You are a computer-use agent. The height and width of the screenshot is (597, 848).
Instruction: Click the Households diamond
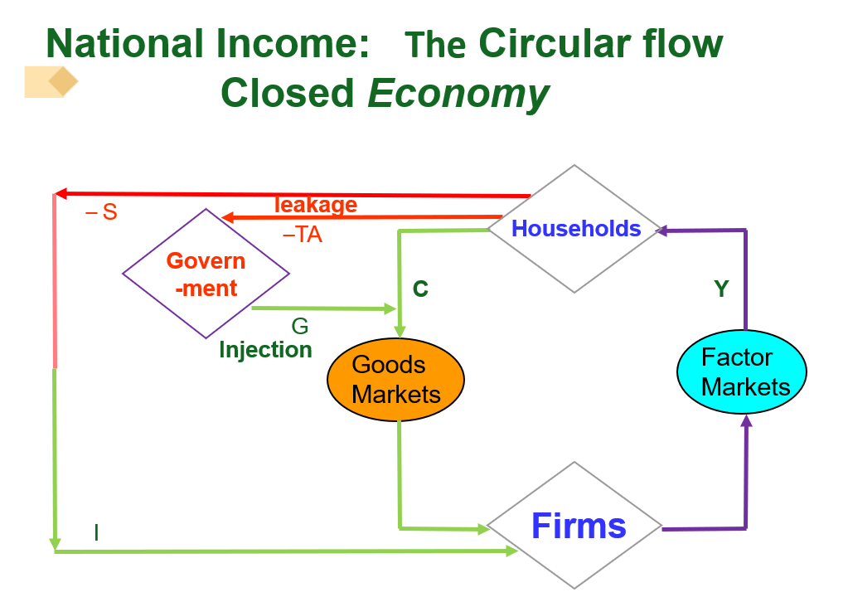[575, 228]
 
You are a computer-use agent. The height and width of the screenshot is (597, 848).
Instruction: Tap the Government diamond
[206, 274]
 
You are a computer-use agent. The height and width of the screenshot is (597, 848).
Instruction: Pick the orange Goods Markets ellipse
[396, 381]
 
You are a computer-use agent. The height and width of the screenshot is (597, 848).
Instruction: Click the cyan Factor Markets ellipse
[741, 371]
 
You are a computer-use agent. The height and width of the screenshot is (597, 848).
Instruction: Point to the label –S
[102, 213]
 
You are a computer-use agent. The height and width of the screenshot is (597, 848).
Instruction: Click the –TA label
[303, 235]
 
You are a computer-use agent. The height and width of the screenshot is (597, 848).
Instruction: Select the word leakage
[316, 205]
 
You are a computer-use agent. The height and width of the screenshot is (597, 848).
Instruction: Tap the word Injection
[265, 350]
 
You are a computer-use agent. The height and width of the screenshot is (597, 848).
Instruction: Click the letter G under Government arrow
[300, 327]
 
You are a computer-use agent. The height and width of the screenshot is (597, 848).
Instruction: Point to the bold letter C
[420, 289]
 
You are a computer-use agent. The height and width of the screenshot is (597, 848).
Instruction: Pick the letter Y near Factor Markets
[722, 289]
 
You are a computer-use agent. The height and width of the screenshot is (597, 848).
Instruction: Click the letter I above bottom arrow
[96, 532]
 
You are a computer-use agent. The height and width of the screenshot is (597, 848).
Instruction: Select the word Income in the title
[288, 44]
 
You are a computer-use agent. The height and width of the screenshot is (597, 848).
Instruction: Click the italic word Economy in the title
[458, 94]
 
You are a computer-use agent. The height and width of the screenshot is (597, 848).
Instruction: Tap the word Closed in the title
[287, 94]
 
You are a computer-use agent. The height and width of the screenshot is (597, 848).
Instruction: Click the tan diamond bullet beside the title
[61, 82]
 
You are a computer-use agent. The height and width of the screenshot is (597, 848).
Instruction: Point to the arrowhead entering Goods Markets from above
[400, 332]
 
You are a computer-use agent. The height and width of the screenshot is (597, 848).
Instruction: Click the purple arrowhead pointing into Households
[661, 232]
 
